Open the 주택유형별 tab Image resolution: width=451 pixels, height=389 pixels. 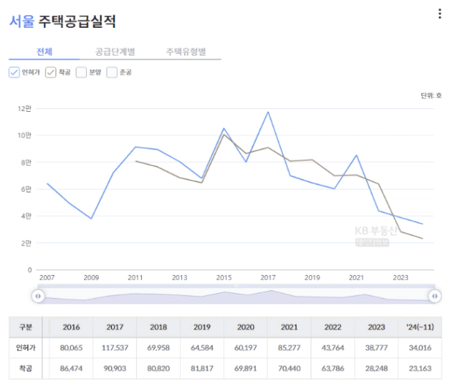186,52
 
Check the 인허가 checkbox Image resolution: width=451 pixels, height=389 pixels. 15,72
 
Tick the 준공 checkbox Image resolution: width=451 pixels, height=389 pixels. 112,72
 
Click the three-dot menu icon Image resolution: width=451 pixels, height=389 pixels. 439,14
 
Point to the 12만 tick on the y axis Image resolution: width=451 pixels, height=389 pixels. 24,108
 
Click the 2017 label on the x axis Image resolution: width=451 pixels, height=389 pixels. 268,278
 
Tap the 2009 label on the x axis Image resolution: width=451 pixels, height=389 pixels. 91,278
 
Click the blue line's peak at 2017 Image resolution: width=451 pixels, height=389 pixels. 268,112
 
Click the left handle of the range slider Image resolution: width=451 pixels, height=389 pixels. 38,295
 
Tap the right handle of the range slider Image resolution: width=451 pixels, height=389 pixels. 435,295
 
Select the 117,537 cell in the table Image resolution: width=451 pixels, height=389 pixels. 115,347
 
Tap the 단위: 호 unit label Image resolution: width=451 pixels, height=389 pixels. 431,95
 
